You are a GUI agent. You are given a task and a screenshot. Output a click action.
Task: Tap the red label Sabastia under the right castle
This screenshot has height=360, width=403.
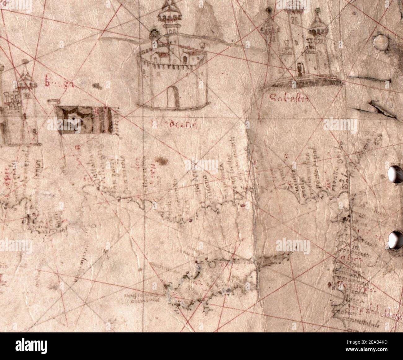tap(283, 99)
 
